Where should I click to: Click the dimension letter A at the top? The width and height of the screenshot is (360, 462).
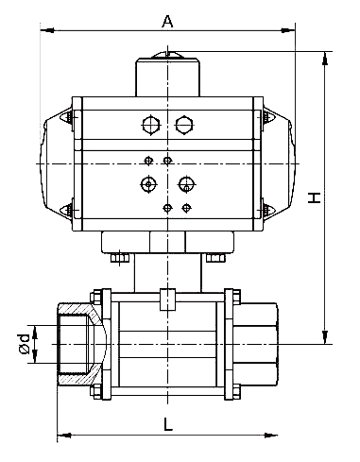click(x=167, y=21)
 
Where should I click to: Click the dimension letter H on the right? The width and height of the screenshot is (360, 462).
click(x=314, y=197)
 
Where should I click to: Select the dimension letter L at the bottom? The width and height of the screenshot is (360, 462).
click(x=168, y=423)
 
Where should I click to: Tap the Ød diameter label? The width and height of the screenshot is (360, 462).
click(x=25, y=344)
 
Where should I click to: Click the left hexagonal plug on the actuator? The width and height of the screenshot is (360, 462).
click(x=151, y=125)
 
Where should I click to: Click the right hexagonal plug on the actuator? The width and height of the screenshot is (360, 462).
click(x=184, y=125)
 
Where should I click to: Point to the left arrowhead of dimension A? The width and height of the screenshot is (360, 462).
click(x=48, y=30)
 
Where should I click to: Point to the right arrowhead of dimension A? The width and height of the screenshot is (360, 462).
click(x=288, y=30)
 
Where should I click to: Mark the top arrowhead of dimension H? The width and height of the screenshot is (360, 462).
click(x=325, y=59)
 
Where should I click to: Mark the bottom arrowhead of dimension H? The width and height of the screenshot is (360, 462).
click(x=325, y=337)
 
